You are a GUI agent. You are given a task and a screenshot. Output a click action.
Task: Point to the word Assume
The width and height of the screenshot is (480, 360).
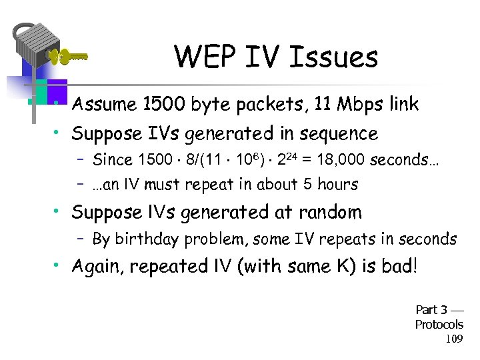[105, 105]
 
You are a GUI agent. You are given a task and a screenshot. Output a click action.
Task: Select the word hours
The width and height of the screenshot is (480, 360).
[335, 185]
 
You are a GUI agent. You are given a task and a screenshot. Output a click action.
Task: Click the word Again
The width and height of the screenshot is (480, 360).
[98, 267]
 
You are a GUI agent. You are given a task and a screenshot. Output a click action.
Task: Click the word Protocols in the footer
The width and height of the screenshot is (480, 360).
[439, 324]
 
